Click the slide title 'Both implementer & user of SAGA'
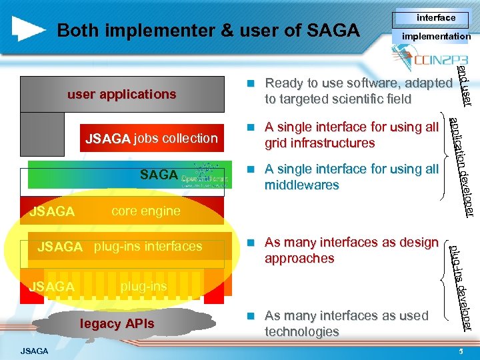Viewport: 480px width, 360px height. (208, 31)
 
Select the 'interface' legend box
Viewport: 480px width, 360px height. (435, 18)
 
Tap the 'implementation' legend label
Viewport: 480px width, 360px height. (435, 37)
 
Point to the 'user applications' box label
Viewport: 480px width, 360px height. (121, 94)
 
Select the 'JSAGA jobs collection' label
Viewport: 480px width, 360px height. (151, 139)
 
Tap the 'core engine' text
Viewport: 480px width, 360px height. (145, 211)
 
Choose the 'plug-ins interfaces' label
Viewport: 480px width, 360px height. (147, 247)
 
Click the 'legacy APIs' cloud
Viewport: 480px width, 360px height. (117, 324)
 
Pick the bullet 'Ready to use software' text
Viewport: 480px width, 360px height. (358, 91)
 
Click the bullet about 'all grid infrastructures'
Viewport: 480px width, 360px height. (351, 135)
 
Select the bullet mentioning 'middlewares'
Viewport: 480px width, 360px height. (351, 177)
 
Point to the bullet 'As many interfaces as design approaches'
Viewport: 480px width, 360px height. (351, 250)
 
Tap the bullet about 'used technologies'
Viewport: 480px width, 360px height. (346, 323)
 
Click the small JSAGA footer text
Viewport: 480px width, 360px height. (34, 351)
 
